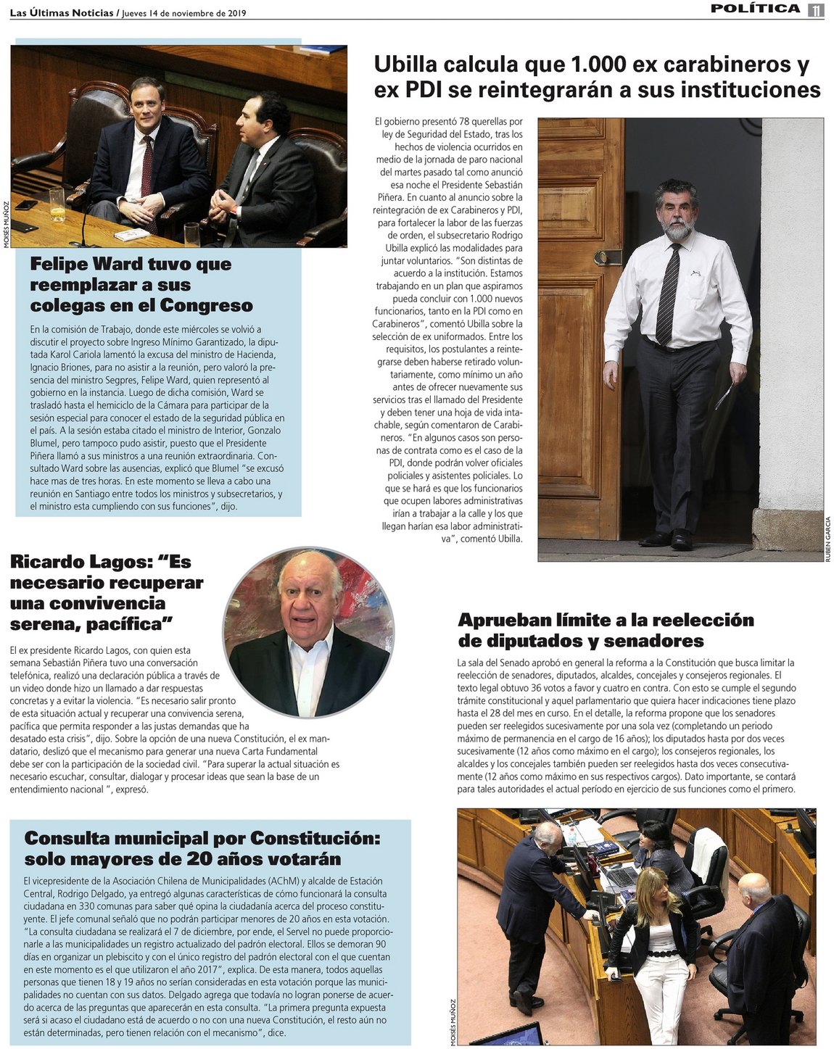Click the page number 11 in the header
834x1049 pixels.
(x=816, y=9)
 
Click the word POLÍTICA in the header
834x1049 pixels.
(x=755, y=9)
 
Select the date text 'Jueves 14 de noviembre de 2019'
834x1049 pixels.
(x=184, y=13)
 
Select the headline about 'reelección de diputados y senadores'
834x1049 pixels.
(x=606, y=630)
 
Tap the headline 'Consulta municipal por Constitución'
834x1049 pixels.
(x=202, y=848)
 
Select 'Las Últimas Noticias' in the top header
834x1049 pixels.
(x=62, y=13)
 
